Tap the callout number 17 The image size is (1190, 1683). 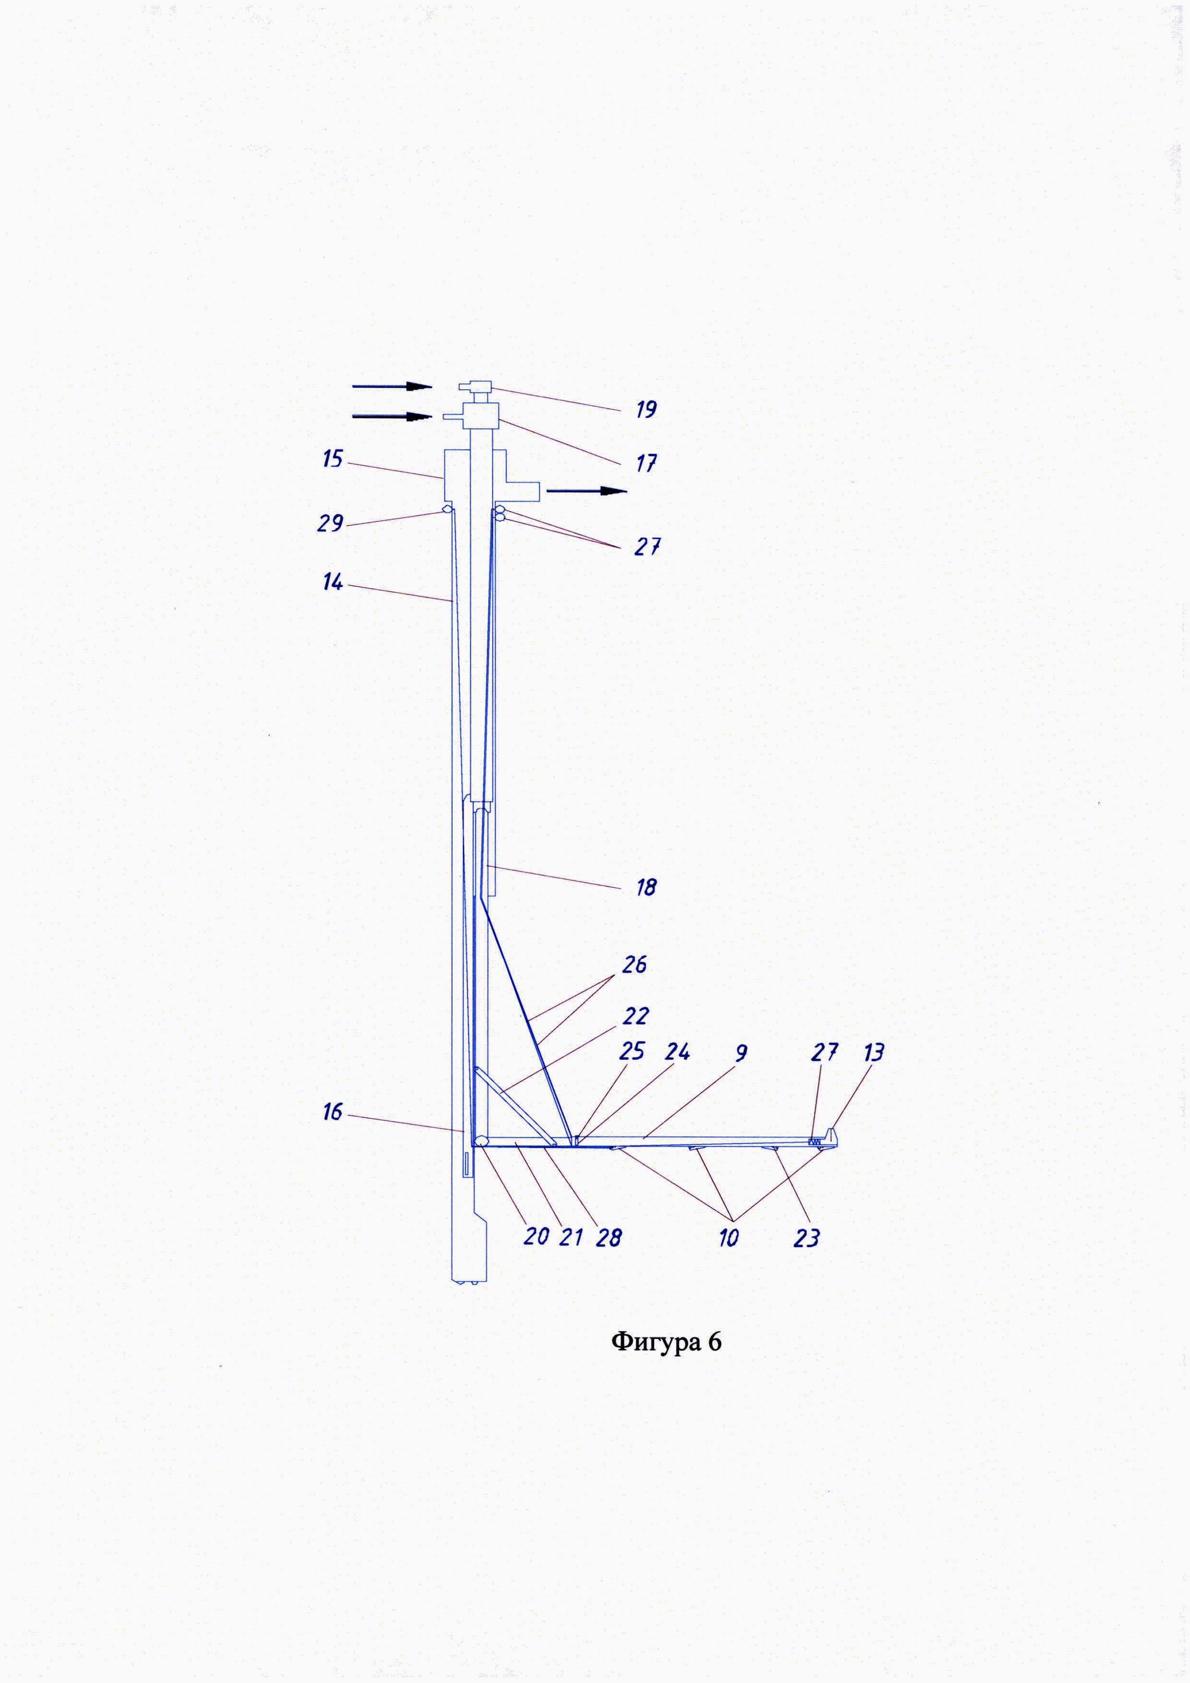(x=645, y=463)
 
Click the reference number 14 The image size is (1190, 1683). (x=333, y=582)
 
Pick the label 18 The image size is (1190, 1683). (x=645, y=888)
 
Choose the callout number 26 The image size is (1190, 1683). (x=634, y=965)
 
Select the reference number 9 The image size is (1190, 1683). (x=741, y=1053)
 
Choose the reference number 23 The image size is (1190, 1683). (x=806, y=1238)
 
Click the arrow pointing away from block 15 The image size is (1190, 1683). (x=586, y=491)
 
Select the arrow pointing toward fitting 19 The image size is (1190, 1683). (x=392, y=386)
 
